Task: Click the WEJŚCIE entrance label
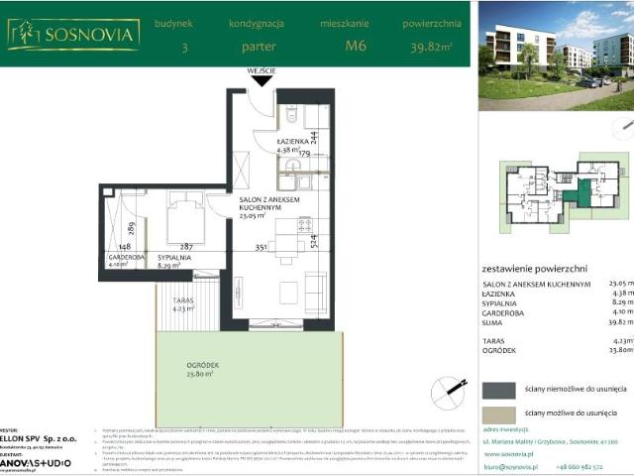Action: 262,71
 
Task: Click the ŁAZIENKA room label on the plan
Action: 295,143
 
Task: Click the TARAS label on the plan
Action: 181,298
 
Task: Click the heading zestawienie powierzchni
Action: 534,268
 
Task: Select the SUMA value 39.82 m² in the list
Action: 619,321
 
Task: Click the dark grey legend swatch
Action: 498,390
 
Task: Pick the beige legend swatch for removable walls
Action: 498,414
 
